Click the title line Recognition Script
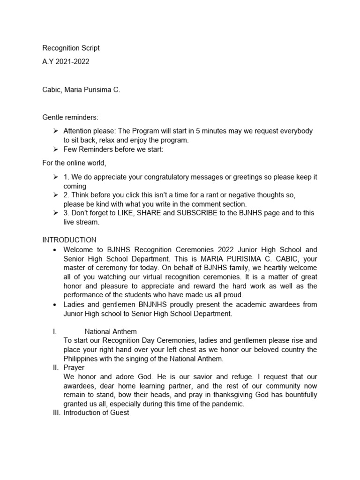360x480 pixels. pyautogui.click(x=71, y=48)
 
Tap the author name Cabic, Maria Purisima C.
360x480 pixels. pyautogui.click(x=81, y=90)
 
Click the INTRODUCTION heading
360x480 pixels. pyautogui.click(x=69, y=240)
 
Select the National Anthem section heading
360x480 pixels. pyautogui.click(x=111, y=332)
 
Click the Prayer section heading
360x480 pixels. pyautogui.click(x=74, y=368)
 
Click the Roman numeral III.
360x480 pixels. pyautogui.click(x=56, y=413)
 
